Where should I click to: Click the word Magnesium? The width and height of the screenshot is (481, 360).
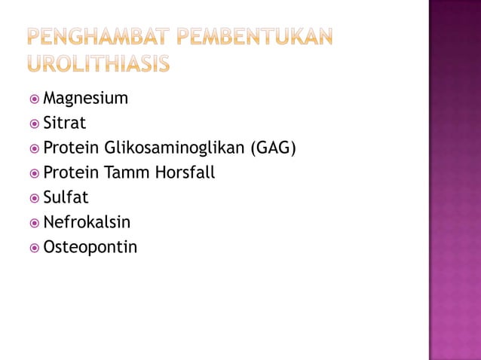pyautogui.click(x=85, y=99)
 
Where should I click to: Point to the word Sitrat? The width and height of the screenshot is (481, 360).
pyautogui.click(x=65, y=124)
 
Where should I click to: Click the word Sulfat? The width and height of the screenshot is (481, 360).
pyautogui.click(x=66, y=197)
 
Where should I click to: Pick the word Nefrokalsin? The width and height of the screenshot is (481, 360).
pyautogui.click(x=87, y=222)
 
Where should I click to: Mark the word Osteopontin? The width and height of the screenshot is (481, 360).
pyautogui.click(x=90, y=247)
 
